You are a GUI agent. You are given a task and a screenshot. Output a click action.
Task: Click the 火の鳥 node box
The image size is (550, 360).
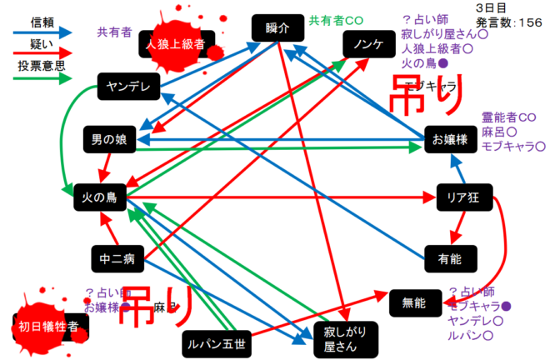100,197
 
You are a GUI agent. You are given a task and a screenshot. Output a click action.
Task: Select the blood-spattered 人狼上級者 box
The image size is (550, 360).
176,44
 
